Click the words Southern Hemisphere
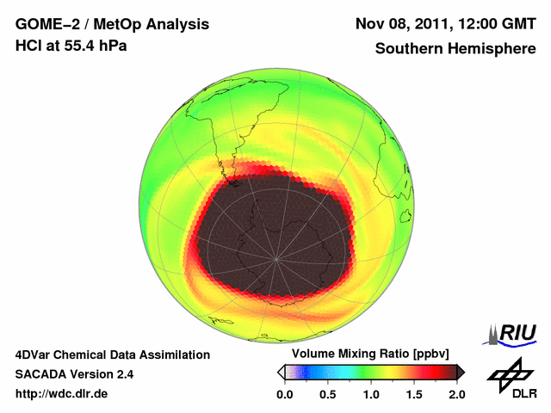tap(455, 48)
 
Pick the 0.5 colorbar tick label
tap(328, 394)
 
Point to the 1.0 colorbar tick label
tap(371, 394)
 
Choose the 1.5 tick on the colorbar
tap(414, 394)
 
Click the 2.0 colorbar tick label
tap(456, 394)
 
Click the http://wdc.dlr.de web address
tap(62, 394)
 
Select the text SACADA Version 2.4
tap(74, 374)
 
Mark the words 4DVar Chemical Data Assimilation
tap(112, 354)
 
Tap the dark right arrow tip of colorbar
tap(461, 372)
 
